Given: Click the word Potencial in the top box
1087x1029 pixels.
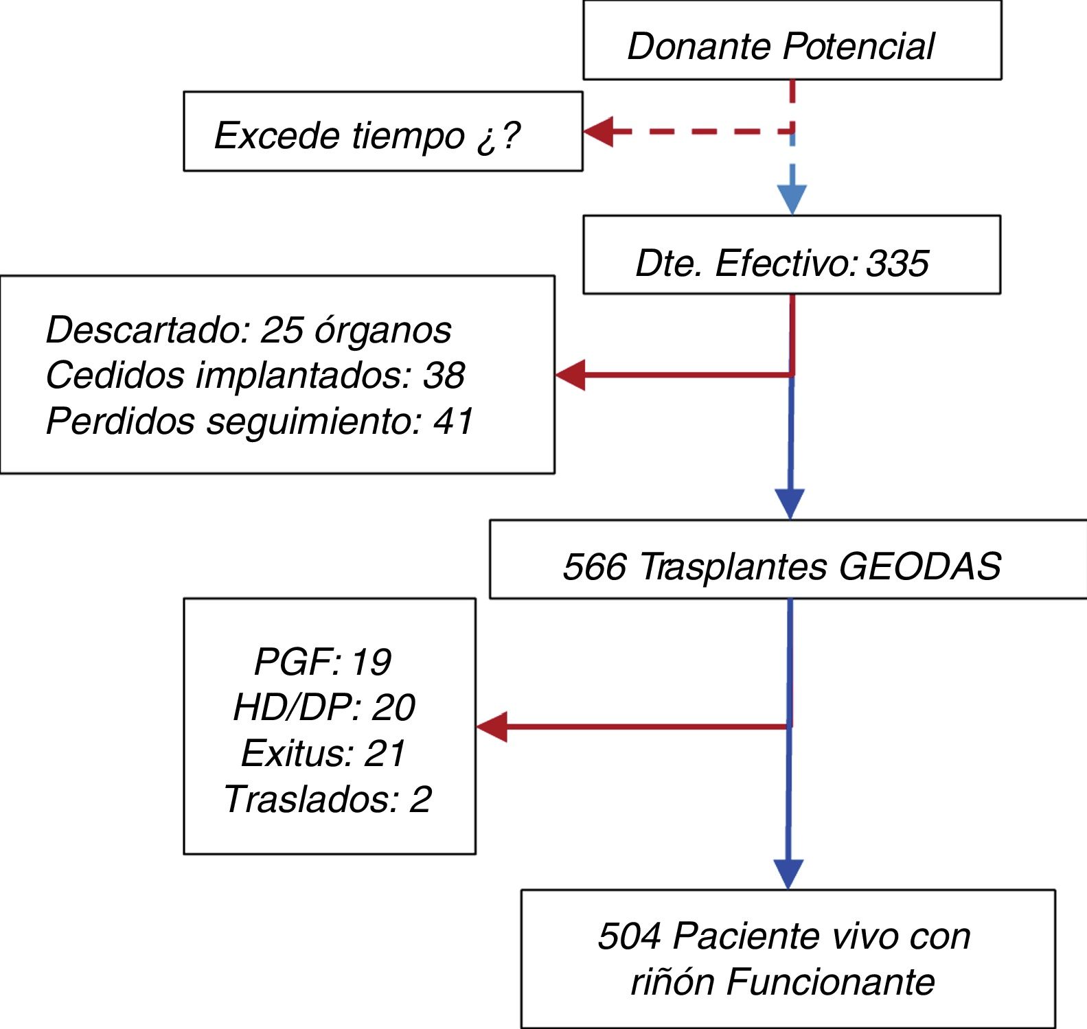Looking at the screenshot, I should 858,47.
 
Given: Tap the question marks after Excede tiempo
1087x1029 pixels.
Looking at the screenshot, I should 499,136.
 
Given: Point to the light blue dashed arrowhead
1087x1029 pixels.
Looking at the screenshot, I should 792,199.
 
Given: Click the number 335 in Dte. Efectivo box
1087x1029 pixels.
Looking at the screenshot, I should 897,263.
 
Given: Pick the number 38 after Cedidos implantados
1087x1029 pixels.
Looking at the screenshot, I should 444,375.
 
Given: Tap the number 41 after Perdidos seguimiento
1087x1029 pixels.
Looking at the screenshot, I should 453,421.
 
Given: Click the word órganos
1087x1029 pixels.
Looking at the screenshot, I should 382,330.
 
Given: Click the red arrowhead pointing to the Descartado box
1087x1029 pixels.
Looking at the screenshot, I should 571,375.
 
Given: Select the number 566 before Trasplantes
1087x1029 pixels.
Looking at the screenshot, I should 595,567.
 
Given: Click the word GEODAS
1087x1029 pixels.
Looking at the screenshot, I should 919,567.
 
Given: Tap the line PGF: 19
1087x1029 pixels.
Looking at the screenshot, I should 323,662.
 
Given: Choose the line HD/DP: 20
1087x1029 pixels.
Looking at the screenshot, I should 324,707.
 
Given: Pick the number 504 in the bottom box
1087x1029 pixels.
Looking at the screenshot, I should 630,936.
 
